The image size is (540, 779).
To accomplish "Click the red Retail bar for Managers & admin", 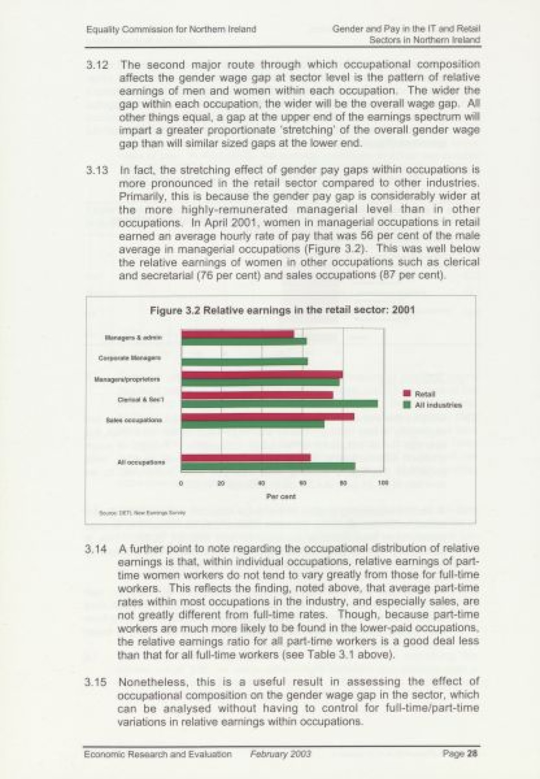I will coord(238,334).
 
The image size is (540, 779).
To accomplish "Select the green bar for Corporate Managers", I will coord(244,361).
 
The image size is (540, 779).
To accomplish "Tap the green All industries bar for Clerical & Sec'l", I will coord(279,404).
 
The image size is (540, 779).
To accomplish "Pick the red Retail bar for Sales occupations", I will coord(267,417).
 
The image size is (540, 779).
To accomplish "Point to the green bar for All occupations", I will coord(268,466).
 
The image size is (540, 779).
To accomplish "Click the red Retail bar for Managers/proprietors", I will coord(262,375).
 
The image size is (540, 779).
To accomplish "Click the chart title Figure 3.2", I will coord(282,310).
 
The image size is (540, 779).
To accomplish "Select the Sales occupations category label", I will coord(134,420).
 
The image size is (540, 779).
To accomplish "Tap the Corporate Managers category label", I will coord(130,358).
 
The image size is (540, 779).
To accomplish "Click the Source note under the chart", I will coord(142,512).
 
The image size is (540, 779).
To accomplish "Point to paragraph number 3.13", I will coord(97,172).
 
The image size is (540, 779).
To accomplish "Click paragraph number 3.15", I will coord(96,682).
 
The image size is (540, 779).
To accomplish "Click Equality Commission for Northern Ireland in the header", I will coord(171,29).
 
